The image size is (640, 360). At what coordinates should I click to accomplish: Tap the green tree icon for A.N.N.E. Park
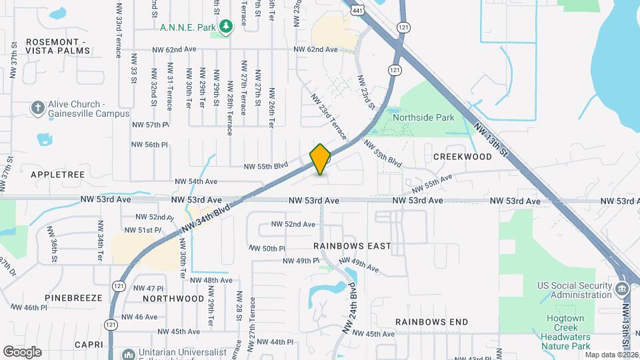[x=227, y=27]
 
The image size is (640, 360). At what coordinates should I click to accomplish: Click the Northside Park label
[x=423, y=117]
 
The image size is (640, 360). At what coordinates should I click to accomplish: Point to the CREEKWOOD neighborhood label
[x=462, y=157]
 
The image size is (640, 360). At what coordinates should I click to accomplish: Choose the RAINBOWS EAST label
[x=352, y=246]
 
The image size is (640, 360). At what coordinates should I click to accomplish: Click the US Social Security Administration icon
[x=621, y=290]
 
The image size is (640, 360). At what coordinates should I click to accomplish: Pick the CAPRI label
[x=89, y=345]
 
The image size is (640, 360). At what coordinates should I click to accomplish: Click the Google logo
[x=22, y=352]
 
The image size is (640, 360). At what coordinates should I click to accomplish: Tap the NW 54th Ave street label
[x=196, y=181]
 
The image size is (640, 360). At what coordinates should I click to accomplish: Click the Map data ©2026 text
[x=611, y=355]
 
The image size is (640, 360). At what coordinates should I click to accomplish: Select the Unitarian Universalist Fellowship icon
[x=127, y=353]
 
